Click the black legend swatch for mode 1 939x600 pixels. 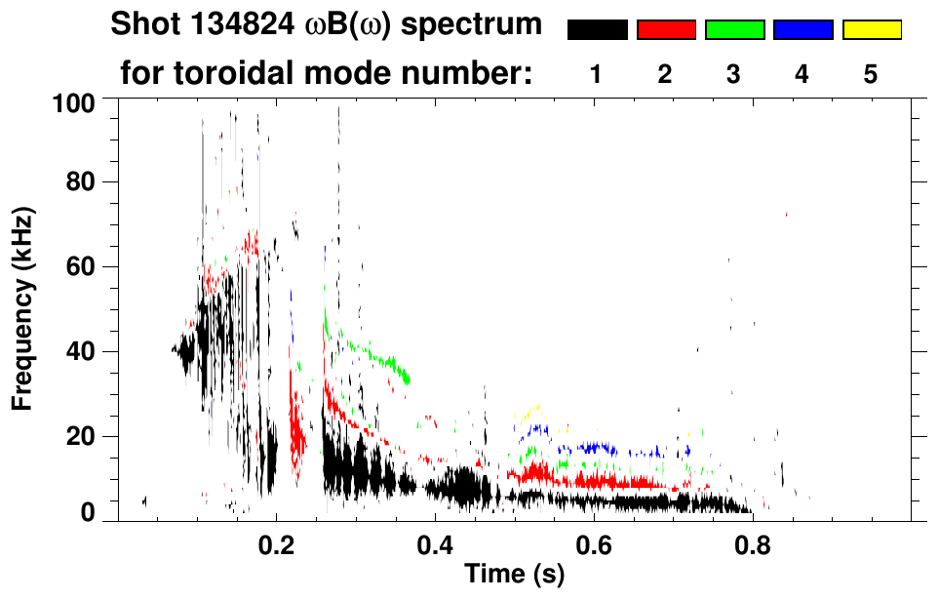[597, 30]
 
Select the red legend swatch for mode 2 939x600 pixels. [666, 30]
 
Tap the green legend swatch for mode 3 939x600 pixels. [734, 30]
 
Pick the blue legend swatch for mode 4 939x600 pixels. [802, 30]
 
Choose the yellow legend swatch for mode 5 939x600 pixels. [871, 30]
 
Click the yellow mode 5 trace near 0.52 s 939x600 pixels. [529, 411]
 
